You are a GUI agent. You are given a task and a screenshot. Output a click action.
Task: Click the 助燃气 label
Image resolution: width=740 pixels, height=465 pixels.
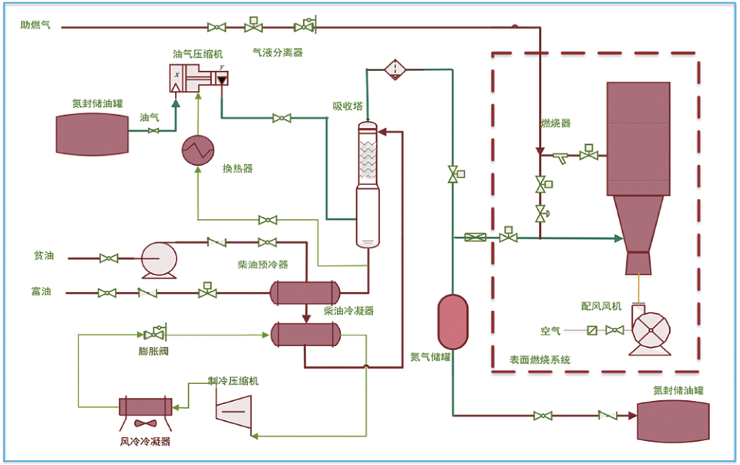[x=35, y=25]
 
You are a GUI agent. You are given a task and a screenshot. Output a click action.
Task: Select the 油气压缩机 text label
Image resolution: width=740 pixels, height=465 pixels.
[x=198, y=54]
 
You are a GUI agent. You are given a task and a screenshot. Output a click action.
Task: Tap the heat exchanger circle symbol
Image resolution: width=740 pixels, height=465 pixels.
[x=198, y=150]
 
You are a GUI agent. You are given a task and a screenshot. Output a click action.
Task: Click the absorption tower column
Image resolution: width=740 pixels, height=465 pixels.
[x=368, y=184]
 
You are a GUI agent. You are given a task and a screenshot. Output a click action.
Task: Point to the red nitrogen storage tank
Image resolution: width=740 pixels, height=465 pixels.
[x=453, y=322]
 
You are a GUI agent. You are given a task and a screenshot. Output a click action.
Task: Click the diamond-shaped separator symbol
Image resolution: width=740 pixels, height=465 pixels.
[x=395, y=70]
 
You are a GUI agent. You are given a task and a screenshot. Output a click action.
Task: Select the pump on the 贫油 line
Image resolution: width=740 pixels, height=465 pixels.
[x=160, y=260]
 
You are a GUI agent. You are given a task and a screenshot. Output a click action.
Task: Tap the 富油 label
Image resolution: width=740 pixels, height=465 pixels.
[x=41, y=291]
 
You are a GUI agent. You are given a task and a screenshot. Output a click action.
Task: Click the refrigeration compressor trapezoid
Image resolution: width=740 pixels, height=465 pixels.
[x=234, y=412]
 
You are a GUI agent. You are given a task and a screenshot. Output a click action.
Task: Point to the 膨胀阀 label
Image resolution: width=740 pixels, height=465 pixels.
[x=153, y=351]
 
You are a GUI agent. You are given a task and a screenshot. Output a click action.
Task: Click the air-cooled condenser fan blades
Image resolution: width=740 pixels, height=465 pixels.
[x=146, y=423]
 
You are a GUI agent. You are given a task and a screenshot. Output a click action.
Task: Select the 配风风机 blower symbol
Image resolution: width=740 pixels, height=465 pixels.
[x=650, y=330]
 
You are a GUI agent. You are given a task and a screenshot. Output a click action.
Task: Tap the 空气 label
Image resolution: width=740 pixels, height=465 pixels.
[x=550, y=331]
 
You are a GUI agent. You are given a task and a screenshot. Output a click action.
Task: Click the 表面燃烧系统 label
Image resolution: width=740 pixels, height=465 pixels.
[x=540, y=360]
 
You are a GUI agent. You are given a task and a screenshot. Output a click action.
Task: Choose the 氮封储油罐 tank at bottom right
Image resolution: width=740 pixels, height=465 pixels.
[x=674, y=422]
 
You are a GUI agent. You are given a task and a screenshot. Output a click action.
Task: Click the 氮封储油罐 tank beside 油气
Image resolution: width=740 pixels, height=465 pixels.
[x=92, y=134]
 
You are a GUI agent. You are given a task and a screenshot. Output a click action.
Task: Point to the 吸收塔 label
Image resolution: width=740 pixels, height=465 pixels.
[x=348, y=106]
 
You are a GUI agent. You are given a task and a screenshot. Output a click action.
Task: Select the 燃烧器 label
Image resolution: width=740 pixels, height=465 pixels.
[x=556, y=123]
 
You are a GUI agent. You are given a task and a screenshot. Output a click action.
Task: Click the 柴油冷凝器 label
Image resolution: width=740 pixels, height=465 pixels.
[x=348, y=311]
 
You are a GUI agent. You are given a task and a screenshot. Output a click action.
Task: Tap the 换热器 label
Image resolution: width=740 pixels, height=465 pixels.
[x=238, y=169]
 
